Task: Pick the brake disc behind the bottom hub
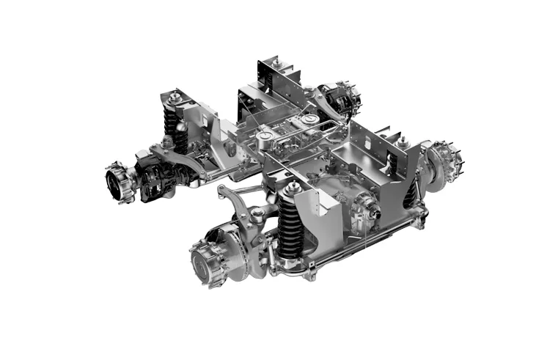click(x=235, y=253)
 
